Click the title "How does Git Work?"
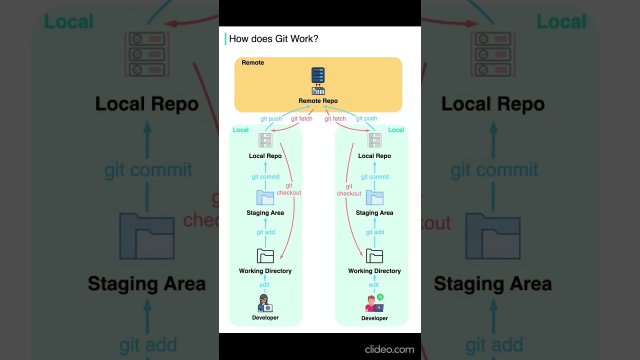click(273, 39)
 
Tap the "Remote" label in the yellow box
click(252, 62)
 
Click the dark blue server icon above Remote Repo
click(318, 75)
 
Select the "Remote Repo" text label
click(318, 101)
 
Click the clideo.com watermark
click(389, 349)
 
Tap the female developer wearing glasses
click(265, 303)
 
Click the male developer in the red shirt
click(371, 303)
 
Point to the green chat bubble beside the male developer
click(380, 297)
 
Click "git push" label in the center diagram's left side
click(271, 119)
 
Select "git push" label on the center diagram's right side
click(366, 118)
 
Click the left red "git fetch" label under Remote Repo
click(301, 119)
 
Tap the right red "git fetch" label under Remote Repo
click(335, 119)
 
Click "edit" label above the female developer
click(264, 285)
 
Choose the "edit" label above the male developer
click(374, 285)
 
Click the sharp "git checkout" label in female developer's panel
click(289, 189)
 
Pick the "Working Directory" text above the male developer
click(374, 271)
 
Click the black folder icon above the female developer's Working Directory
click(265, 256)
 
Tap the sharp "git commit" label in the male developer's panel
click(375, 177)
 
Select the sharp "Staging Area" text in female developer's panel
click(265, 213)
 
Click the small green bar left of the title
click(225, 39)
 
